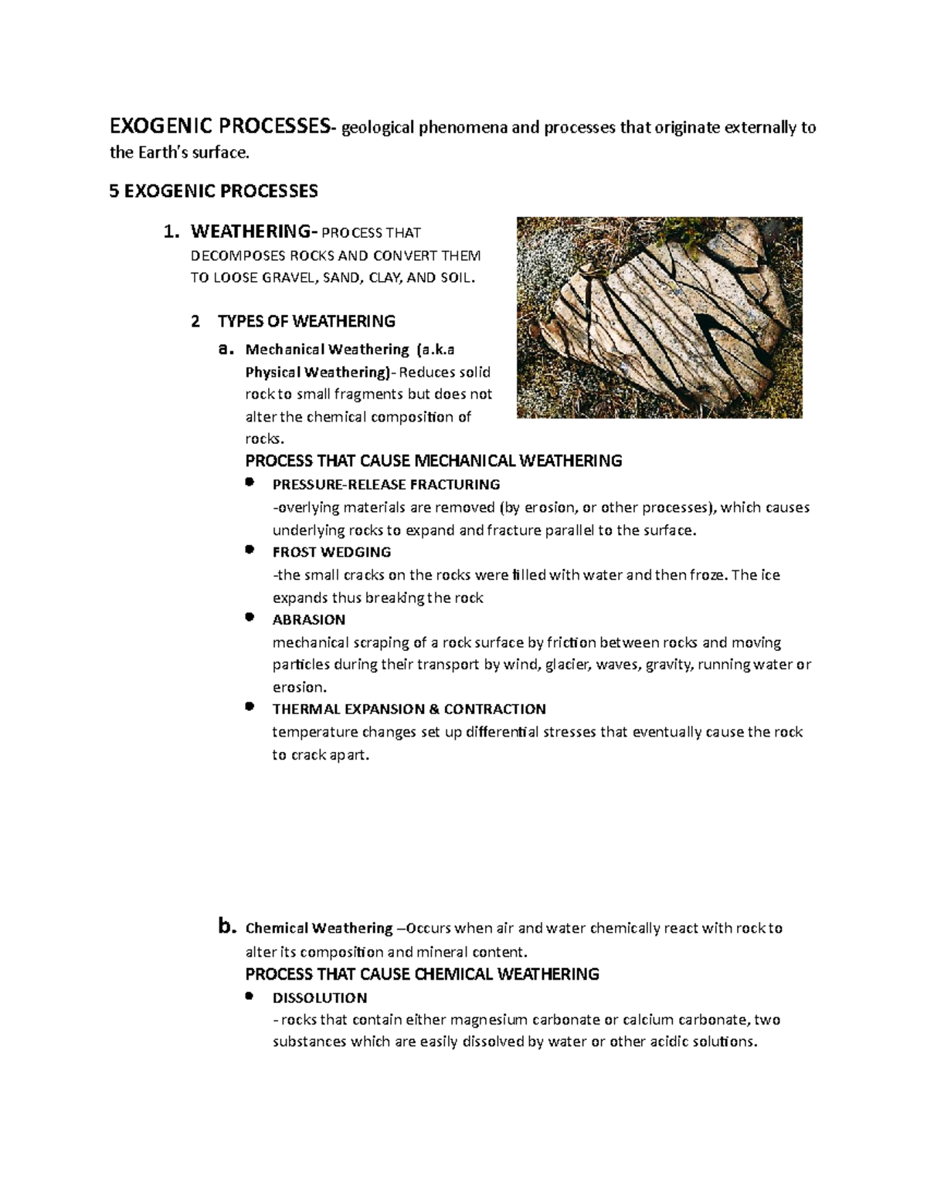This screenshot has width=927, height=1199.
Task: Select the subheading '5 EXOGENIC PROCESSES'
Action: pyautogui.click(x=213, y=191)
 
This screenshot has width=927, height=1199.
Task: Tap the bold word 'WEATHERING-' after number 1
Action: pyautogui.click(x=254, y=232)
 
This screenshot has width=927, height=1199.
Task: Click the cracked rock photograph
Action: pyautogui.click(x=659, y=317)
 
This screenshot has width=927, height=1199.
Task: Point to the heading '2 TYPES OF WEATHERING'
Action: pyautogui.click(x=293, y=321)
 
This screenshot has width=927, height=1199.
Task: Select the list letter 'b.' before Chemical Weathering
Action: pyautogui.click(x=225, y=926)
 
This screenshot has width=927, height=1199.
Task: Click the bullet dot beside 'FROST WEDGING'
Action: pyautogui.click(x=249, y=550)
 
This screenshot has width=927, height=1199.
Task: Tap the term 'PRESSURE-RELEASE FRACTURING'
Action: pyautogui.click(x=386, y=485)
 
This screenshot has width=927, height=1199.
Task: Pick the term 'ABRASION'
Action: pyautogui.click(x=309, y=620)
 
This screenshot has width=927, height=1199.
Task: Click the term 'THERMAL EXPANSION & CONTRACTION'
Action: pyautogui.click(x=409, y=710)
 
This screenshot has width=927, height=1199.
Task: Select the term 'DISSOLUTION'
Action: pyautogui.click(x=320, y=997)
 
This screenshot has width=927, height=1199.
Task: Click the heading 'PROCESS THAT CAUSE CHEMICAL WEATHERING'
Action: pyautogui.click(x=422, y=974)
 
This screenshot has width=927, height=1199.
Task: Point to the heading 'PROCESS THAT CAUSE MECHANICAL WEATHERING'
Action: pyautogui.click(x=433, y=462)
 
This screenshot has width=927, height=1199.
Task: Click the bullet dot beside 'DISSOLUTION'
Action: pyautogui.click(x=249, y=996)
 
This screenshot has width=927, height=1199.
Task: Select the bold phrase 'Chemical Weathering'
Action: pyautogui.click(x=319, y=928)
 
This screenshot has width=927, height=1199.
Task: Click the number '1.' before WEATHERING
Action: pyautogui.click(x=171, y=232)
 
